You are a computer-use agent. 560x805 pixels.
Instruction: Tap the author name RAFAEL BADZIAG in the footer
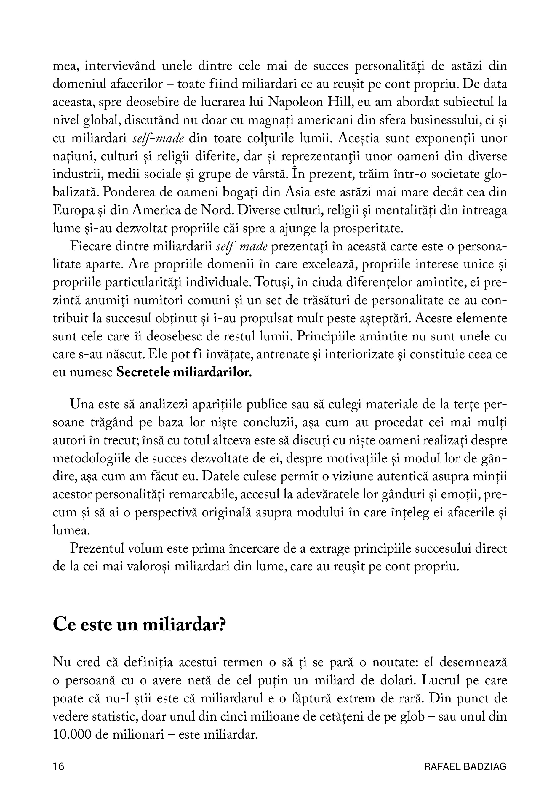tap(465, 766)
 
